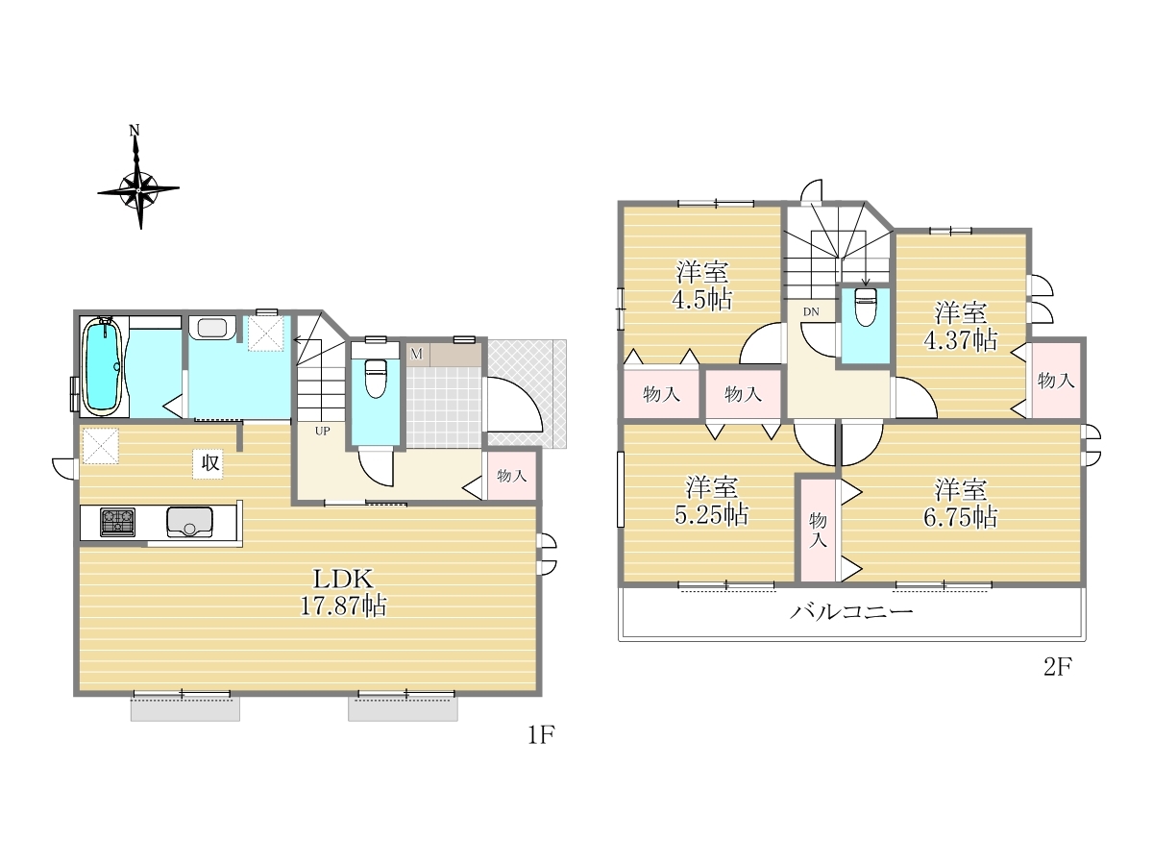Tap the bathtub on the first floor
click(104, 366)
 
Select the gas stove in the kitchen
click(117, 522)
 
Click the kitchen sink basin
click(189, 522)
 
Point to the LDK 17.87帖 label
click(344, 592)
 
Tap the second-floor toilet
click(865, 308)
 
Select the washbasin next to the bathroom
click(211, 329)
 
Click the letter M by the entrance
click(416, 354)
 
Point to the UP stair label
click(322, 432)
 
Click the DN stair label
click(811, 311)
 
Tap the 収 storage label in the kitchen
click(209, 464)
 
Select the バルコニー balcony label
click(851, 612)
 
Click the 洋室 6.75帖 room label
click(960, 504)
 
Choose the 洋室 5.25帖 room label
click(712, 502)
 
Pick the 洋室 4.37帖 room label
click(960, 327)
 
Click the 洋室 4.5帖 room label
click(701, 285)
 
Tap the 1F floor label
click(541, 735)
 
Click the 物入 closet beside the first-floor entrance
click(511, 476)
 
